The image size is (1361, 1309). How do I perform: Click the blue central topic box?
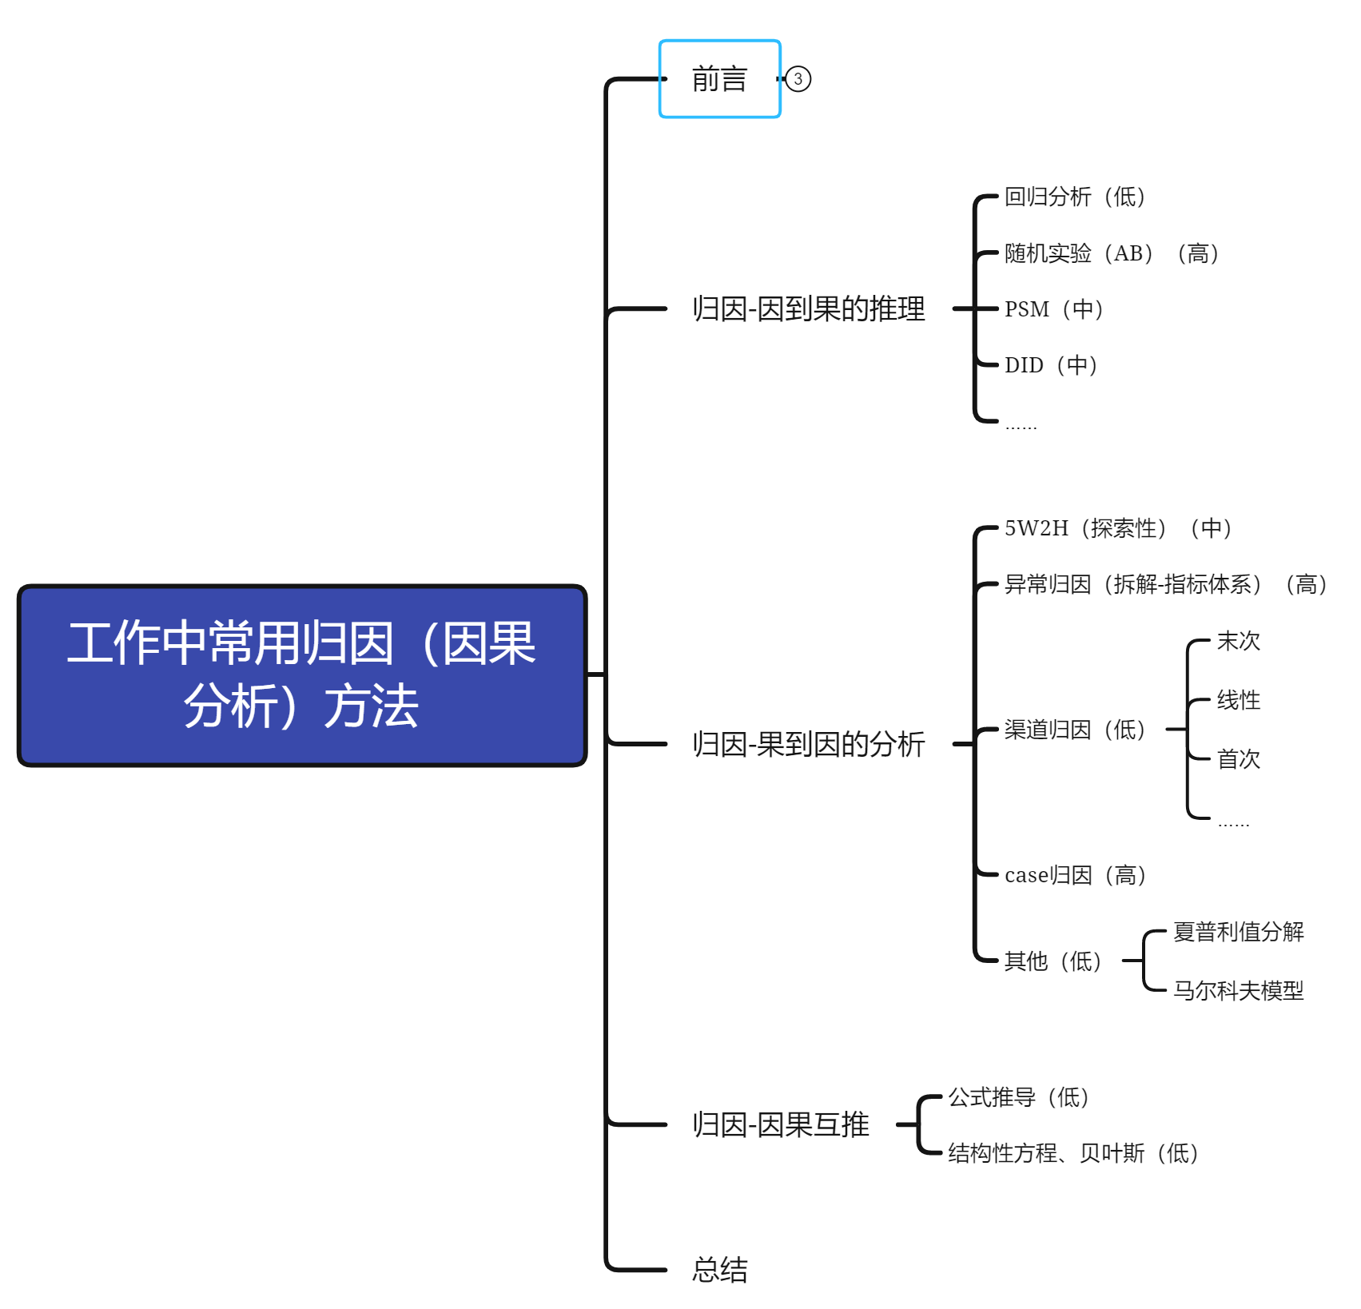pos(302,675)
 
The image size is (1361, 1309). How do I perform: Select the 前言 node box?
pos(719,79)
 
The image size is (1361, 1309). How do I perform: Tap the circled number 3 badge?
pos(798,79)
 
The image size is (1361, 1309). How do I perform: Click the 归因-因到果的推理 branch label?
pos(808,308)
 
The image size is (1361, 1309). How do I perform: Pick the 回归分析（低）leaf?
pos(1074,197)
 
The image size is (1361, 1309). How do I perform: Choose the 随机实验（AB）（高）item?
pos(1111,253)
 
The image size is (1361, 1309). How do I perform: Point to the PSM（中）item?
pos(1053,309)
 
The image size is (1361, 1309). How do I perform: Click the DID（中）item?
pos(1050,365)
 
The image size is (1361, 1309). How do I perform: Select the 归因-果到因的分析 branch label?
pos(808,744)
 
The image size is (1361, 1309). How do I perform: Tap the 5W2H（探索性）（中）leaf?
pos(1117,528)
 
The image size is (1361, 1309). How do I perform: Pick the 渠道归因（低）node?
pos(1074,730)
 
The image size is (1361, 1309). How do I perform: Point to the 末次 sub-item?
pos(1238,641)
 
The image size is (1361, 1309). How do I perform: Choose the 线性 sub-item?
pos(1238,700)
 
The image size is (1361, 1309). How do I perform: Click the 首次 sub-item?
pos(1238,759)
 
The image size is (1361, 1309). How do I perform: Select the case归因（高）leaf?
pos(1075,875)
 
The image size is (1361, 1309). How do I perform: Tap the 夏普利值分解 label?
pos(1238,932)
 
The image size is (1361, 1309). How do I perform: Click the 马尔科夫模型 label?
pos(1238,991)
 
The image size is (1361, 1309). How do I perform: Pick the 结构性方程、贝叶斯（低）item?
pos(1072,1153)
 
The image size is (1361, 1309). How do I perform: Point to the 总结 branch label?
pos(719,1269)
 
